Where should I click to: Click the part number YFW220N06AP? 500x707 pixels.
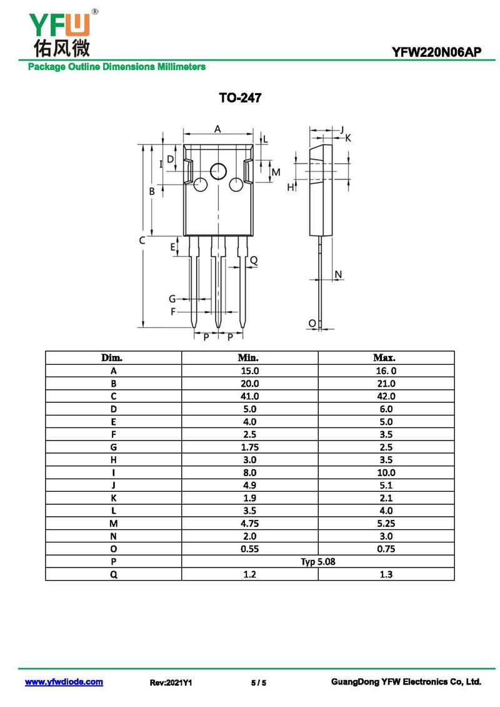tap(436, 52)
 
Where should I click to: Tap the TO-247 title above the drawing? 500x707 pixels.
tap(240, 98)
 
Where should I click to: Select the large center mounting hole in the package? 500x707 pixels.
tap(219, 171)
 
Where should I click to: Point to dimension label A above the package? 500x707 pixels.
tap(217, 130)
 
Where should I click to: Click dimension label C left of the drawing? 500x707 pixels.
tap(142, 240)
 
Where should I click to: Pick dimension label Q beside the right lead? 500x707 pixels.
tap(254, 260)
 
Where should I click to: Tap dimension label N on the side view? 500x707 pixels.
tap(338, 274)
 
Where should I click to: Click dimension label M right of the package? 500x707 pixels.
tap(276, 172)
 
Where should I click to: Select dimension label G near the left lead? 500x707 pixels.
tap(172, 298)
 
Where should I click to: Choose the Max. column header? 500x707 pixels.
tap(384, 357)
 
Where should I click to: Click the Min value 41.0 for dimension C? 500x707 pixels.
tap(249, 396)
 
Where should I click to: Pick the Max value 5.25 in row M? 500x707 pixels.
tap(386, 524)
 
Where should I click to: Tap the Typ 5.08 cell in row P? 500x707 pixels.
tap(318, 561)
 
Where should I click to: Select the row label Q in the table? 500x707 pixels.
tap(114, 574)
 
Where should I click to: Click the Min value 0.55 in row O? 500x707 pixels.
tap(249, 549)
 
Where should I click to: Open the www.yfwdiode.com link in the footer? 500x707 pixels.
tap(64, 682)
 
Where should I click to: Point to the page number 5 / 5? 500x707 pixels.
tap(259, 683)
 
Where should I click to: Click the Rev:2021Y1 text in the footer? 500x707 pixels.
tap(171, 683)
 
